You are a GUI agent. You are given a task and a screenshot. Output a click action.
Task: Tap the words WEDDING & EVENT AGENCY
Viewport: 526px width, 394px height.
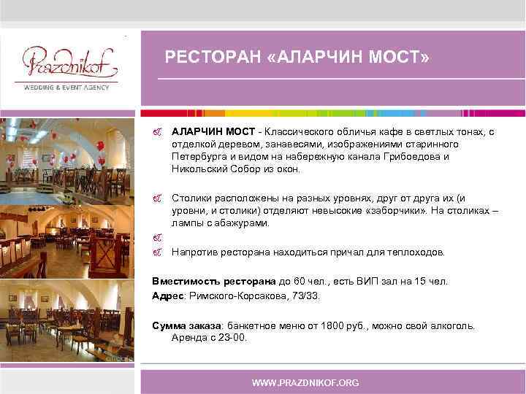coord(66,88)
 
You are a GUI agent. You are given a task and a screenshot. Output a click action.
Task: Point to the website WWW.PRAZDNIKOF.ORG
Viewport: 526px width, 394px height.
coord(305,383)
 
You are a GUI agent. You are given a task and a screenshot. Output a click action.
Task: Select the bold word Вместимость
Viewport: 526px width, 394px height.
coord(182,281)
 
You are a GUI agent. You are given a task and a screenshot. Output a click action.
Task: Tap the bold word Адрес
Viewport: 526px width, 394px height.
coord(167,296)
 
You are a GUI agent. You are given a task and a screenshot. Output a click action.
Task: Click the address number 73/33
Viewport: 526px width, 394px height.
coord(306,296)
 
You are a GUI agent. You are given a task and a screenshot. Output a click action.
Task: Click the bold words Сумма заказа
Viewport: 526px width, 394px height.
coord(188,325)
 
